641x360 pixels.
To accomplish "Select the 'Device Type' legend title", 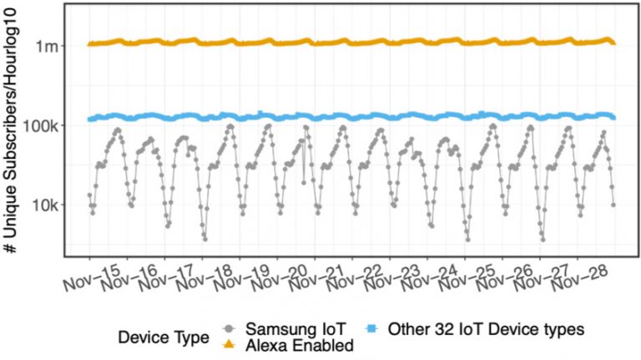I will point(164,338).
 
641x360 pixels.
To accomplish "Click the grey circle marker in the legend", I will point(230,328).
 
